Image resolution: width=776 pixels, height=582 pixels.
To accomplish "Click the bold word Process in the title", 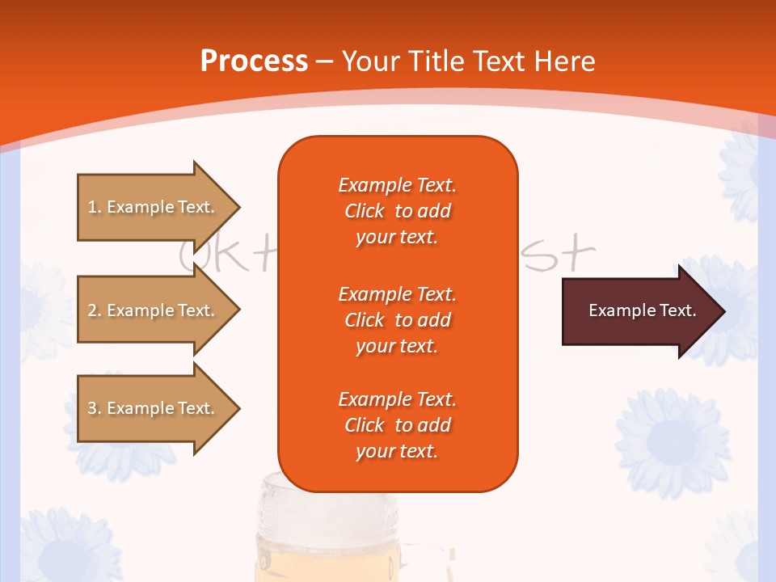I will click(254, 61).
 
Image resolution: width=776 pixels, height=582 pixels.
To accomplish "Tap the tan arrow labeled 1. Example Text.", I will click(154, 207).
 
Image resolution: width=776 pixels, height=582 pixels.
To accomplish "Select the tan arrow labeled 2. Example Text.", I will click(154, 310).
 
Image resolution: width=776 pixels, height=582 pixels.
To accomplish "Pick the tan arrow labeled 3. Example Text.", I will click(154, 408).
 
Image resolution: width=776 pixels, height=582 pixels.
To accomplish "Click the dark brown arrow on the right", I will click(639, 311).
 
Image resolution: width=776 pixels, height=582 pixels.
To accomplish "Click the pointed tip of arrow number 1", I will click(237, 207).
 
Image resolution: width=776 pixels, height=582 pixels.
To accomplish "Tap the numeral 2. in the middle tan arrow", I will click(95, 310).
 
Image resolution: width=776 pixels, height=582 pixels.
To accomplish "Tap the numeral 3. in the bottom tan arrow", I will click(95, 408).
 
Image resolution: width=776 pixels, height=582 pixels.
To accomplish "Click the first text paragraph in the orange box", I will click(397, 211).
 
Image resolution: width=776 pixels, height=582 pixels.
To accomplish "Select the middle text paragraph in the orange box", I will click(397, 319).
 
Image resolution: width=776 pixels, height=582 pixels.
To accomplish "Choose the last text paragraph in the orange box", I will click(397, 425).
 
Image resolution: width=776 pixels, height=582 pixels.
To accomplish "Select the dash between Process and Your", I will click(325, 62).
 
